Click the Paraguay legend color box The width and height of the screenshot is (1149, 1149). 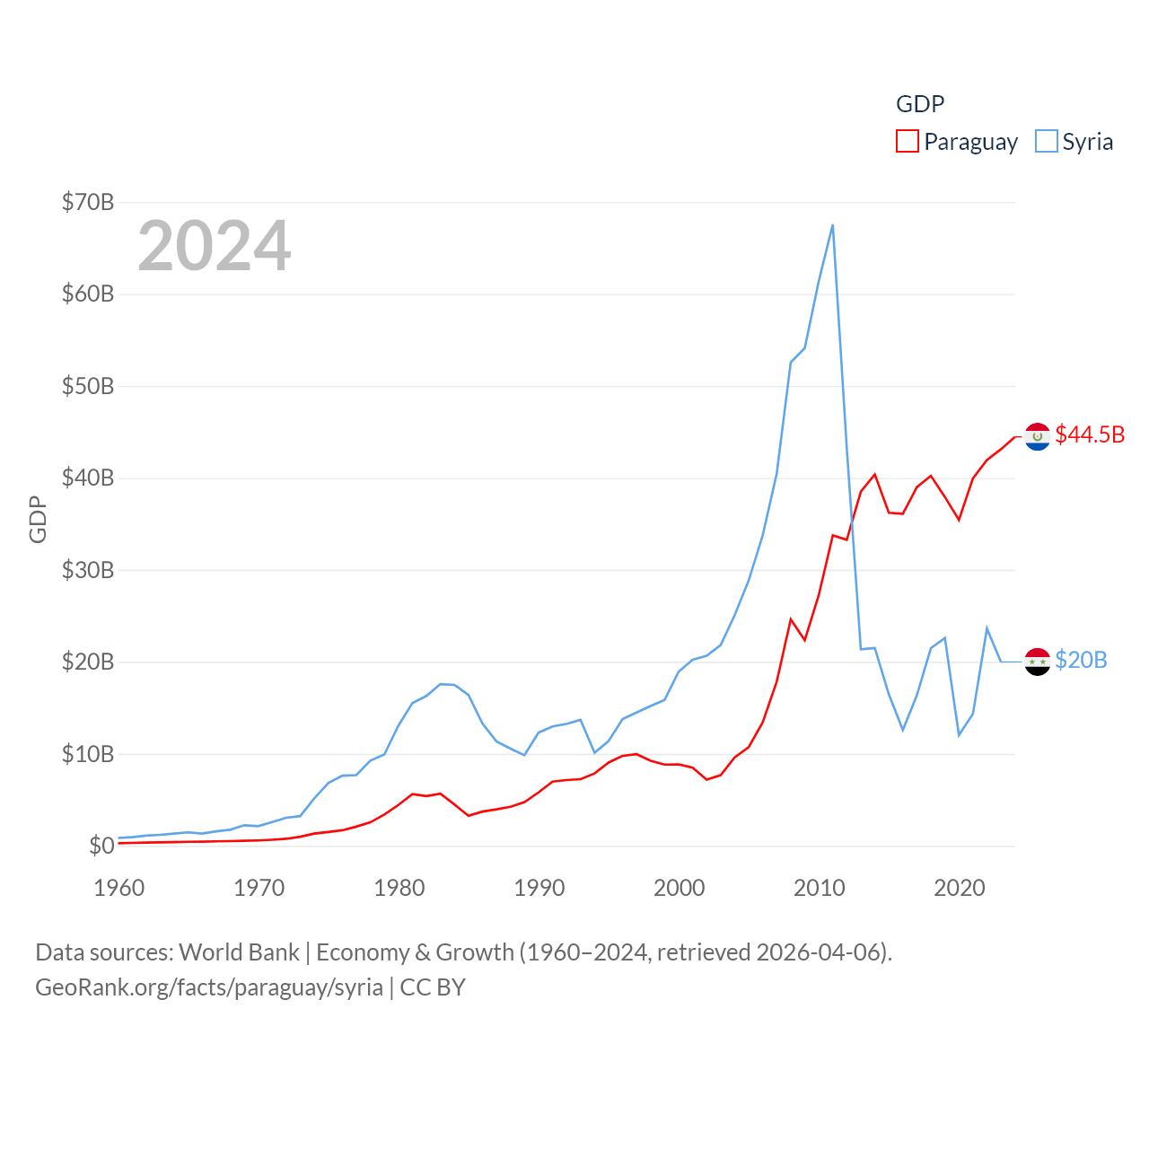pos(907,142)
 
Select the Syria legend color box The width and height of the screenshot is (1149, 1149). pos(1046,142)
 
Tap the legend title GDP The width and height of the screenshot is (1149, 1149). pos(920,104)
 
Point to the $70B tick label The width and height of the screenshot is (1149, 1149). pos(88,202)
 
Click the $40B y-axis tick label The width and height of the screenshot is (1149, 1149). pos(88,478)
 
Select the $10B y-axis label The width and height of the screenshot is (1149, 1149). pos(88,754)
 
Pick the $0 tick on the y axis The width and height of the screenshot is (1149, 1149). pos(101,846)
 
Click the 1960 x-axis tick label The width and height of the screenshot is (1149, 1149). pos(118,888)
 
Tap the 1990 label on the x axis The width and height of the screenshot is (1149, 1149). pos(539,888)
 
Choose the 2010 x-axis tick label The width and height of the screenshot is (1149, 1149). pos(819,888)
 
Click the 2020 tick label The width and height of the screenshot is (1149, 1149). pos(959,888)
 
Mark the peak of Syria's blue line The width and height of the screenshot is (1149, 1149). pos(832,225)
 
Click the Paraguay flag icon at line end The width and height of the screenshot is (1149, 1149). pos(1038,436)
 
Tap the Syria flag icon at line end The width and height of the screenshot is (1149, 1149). pos(1038,662)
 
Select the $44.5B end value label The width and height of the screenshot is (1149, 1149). pos(1090,434)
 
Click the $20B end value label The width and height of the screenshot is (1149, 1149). pos(1081,660)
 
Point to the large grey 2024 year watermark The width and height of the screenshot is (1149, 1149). pos(214,246)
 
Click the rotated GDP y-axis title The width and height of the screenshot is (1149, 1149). pos(38,519)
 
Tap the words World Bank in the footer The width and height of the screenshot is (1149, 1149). pos(239,952)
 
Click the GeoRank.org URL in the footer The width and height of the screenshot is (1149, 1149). pos(209,987)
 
